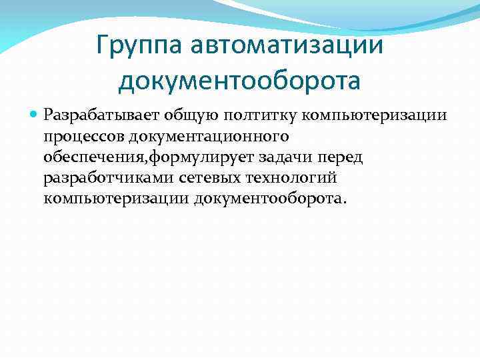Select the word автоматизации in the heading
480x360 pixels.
287,46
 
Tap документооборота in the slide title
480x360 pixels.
239,81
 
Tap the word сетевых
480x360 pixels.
209,178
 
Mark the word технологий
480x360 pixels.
293,178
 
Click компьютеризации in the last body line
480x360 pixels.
116,199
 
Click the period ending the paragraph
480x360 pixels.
345,203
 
